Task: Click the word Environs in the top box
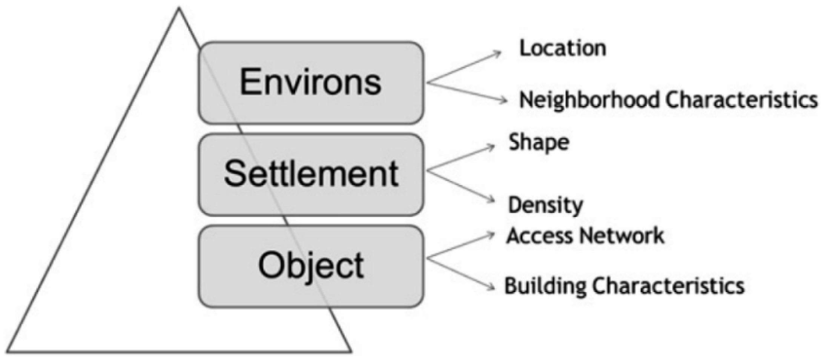click(x=310, y=82)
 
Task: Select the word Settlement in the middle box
click(x=311, y=174)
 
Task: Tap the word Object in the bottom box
click(x=311, y=266)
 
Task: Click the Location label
click(x=563, y=49)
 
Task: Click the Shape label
click(x=539, y=143)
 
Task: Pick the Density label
click(x=545, y=206)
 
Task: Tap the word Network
click(x=621, y=236)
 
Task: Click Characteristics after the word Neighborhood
click(x=741, y=100)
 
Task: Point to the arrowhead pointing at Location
click(x=498, y=54)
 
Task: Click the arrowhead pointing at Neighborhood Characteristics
click(x=504, y=100)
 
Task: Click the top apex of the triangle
click(x=179, y=9)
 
